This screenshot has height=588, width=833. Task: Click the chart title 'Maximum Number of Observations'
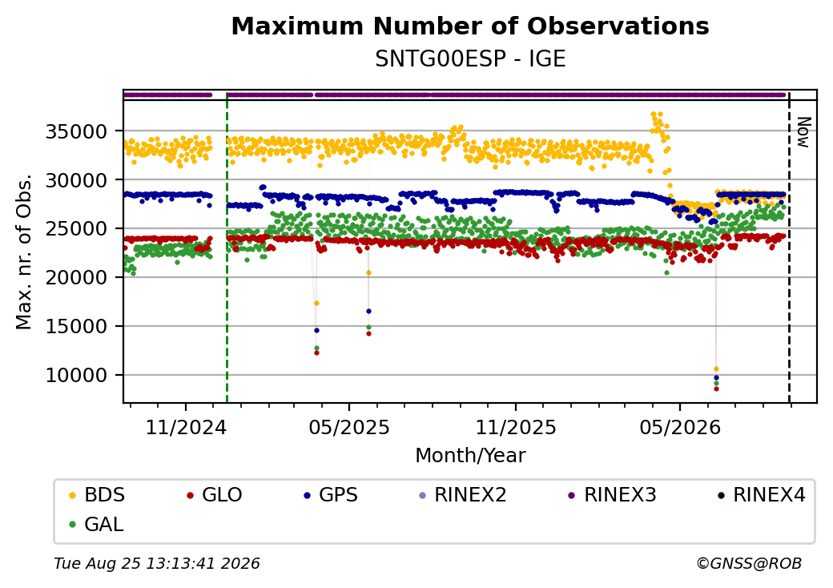[x=470, y=26]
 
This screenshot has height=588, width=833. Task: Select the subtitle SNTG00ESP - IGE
[x=470, y=59]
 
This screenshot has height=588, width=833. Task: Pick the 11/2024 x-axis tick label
[x=186, y=428]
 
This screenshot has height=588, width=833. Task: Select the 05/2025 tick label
[x=349, y=428]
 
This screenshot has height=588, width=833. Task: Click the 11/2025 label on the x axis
[x=515, y=428]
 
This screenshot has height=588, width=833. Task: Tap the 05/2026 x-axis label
[x=680, y=428]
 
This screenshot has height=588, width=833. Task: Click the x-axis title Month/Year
[x=470, y=456]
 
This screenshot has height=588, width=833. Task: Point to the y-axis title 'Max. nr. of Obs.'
[x=24, y=252]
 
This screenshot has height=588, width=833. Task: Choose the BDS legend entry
[x=97, y=495]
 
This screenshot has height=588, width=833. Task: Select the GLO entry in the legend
[x=215, y=495]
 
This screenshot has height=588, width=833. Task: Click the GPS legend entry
[x=331, y=495]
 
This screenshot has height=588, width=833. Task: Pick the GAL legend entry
[x=97, y=524]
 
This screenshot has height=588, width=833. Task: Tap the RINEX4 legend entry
[x=761, y=495]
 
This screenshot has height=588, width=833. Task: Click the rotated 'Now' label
[x=804, y=133]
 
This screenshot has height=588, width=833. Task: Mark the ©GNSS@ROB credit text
[x=749, y=563]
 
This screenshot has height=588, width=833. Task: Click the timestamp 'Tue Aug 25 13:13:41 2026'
[x=157, y=563]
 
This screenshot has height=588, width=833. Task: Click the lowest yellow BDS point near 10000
[x=716, y=369]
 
